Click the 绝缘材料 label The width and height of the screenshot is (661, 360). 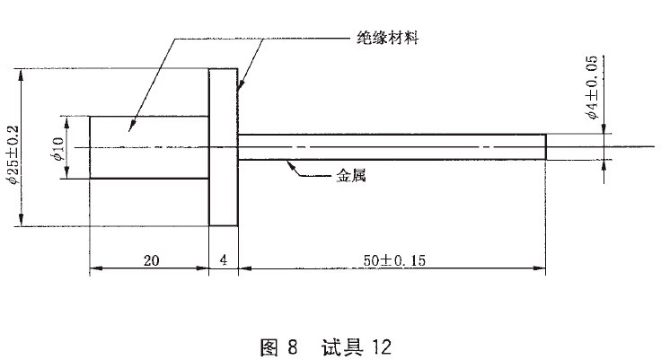pyautogui.click(x=387, y=40)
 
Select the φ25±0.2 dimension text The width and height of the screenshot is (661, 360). pyautogui.click(x=12, y=148)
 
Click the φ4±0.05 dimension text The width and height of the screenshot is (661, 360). pyautogui.click(x=591, y=88)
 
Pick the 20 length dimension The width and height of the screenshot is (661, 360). pyautogui.click(x=151, y=260)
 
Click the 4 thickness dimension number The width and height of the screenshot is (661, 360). pyautogui.click(x=223, y=260)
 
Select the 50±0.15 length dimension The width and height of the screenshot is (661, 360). pyautogui.click(x=393, y=260)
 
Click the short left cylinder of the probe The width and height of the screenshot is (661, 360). pyautogui.click(x=148, y=147)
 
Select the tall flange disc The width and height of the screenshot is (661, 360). pyautogui.click(x=224, y=147)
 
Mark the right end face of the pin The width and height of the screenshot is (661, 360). pyautogui.click(x=546, y=147)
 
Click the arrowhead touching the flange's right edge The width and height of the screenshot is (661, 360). pyautogui.click(x=241, y=86)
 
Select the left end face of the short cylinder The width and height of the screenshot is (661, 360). pyautogui.click(x=90, y=147)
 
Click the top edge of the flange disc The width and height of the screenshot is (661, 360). pyautogui.click(x=224, y=68)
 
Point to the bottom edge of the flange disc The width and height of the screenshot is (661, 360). pyautogui.click(x=224, y=226)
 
